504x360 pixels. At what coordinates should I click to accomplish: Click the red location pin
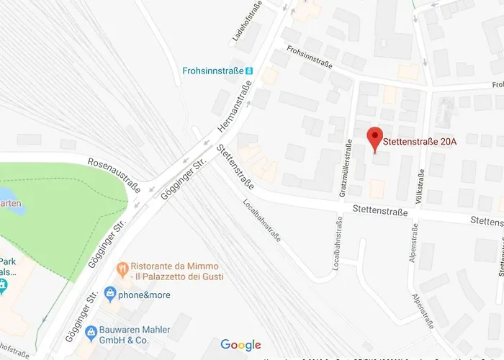pos(374,137)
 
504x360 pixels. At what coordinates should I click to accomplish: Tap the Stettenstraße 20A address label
pos(420,140)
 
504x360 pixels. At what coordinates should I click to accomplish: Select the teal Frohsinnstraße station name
pos(211,71)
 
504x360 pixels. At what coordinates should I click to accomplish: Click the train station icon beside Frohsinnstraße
pos(250,71)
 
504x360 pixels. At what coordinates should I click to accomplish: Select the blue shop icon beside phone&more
pos(109,294)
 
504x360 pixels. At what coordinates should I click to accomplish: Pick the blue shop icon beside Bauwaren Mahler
pos(91,333)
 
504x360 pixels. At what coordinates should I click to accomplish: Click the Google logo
pos(240,345)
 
